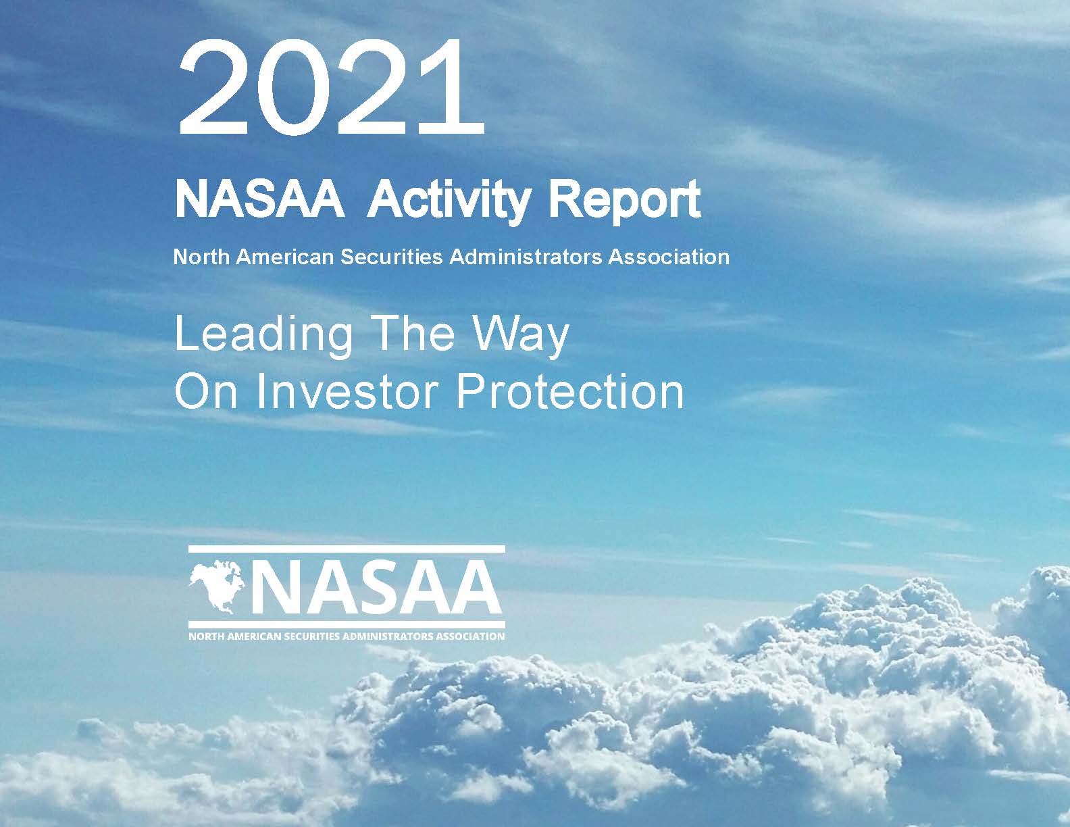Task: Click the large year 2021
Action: point(331,86)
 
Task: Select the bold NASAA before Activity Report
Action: point(259,199)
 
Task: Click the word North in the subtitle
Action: point(201,257)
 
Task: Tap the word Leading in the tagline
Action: point(263,335)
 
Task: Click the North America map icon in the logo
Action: point(217,586)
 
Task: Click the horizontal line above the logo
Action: point(347,549)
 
